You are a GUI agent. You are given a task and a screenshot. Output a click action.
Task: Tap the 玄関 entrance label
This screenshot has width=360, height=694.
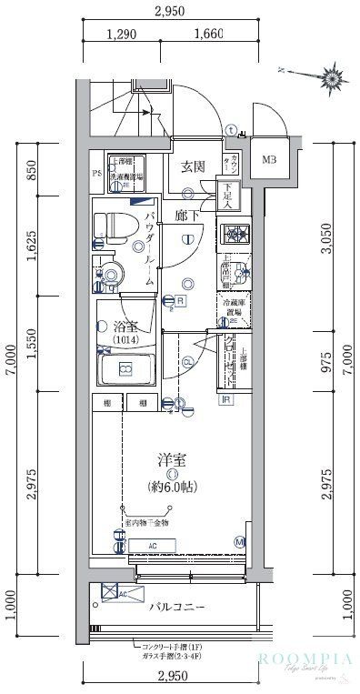(191, 166)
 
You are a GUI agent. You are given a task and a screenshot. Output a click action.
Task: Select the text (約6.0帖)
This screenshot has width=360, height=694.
(170, 487)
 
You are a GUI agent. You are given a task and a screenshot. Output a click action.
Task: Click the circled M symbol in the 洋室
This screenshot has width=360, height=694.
(239, 543)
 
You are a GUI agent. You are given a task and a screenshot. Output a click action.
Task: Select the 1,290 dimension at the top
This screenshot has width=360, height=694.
(121, 35)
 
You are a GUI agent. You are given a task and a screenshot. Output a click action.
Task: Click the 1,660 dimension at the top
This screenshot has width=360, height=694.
(208, 35)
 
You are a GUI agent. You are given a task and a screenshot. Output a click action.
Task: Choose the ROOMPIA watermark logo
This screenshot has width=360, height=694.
(303, 659)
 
